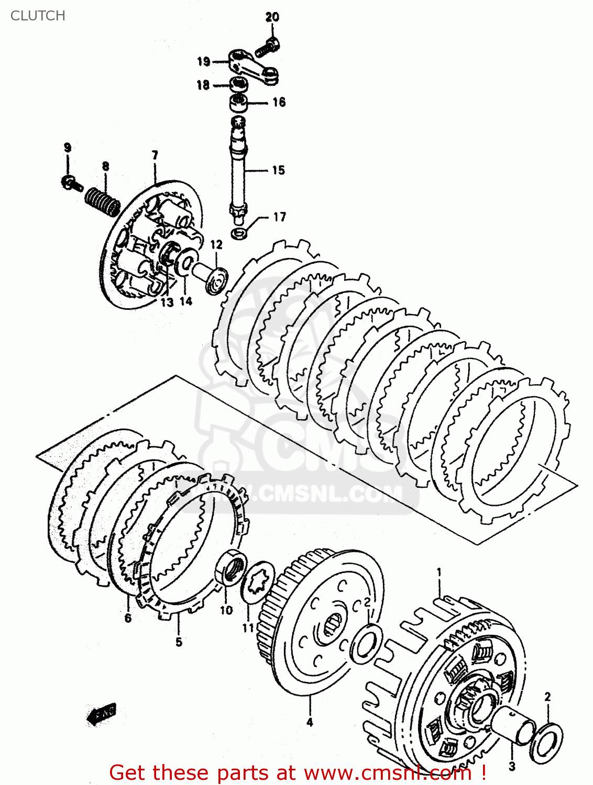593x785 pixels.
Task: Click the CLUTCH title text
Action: tap(38, 16)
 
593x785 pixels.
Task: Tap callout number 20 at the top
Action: tap(272, 17)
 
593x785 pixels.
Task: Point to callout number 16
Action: tap(279, 102)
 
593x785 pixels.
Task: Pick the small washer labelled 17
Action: tap(240, 232)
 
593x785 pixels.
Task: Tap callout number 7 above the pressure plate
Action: tap(155, 155)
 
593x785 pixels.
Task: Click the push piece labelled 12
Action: tap(213, 278)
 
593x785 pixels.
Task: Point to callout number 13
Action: tap(167, 302)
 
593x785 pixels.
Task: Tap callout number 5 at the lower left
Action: tap(179, 642)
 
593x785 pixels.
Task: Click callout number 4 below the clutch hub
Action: tap(309, 722)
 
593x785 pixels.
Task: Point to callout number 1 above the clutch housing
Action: tap(439, 573)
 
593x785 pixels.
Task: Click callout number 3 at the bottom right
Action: tap(512, 767)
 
